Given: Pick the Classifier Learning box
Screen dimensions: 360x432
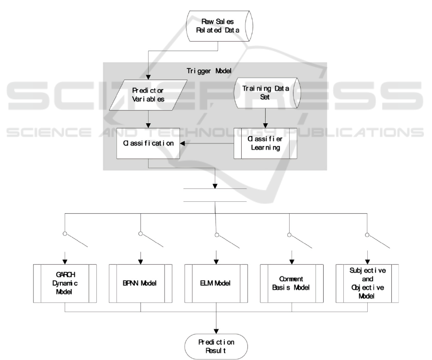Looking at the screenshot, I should pyautogui.click(x=265, y=143).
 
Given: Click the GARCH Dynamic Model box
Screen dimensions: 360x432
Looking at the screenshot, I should pyautogui.click(x=65, y=283).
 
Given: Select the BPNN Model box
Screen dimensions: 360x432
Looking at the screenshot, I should pyautogui.click(x=140, y=283).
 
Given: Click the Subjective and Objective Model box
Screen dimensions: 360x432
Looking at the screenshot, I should pyautogui.click(x=367, y=283).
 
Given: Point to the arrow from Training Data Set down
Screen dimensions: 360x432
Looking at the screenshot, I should pyautogui.click(x=265, y=118).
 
